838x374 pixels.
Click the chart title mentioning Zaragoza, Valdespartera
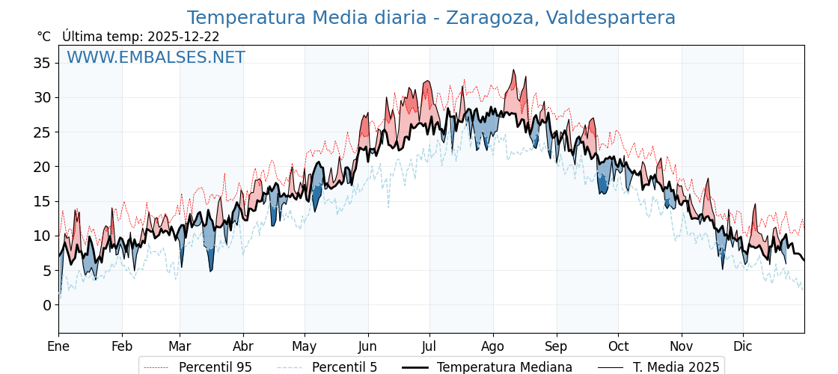pos(431,18)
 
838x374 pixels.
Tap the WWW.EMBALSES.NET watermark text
pos(156,58)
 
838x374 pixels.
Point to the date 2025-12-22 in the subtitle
pos(183,37)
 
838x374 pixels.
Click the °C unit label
pos(43,37)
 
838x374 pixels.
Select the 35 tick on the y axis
pos(42,63)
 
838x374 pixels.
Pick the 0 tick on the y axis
pos(46,305)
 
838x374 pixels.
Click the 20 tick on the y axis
pos(42,167)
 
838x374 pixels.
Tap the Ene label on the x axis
pos(58,346)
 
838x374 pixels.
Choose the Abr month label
pos(243,346)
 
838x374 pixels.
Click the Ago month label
pos(493,346)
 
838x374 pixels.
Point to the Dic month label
pos(743,346)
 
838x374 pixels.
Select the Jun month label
pos(367,346)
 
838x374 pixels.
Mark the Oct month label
pos(618,346)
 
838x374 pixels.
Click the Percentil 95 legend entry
pos(215,367)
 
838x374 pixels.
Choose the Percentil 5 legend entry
pos(344,367)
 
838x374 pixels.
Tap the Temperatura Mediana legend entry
pos(504,367)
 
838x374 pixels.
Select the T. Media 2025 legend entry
pos(676,367)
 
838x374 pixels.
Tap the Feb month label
pos(122,346)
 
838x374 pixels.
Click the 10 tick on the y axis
pos(42,236)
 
